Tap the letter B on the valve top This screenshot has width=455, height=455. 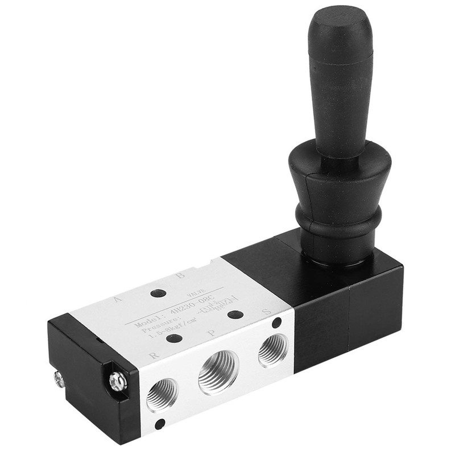[x=180, y=276]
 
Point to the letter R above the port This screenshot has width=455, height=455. [x=153, y=355]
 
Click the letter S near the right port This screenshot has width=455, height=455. [x=264, y=312]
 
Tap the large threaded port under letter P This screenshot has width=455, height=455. [x=218, y=373]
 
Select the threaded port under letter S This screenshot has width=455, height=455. [x=272, y=350]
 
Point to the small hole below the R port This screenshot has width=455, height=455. [x=160, y=423]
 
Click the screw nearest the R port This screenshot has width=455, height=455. [x=118, y=380]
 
